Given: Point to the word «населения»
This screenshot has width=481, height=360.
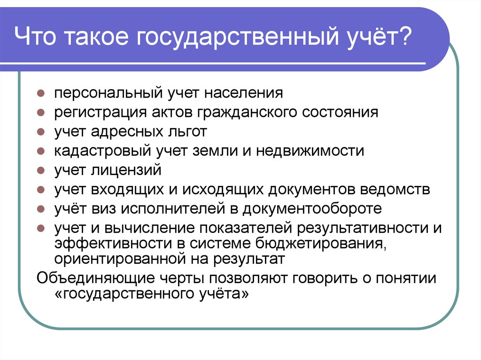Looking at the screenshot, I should coord(243,93).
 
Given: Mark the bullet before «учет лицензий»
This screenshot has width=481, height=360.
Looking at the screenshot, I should coord(41,170).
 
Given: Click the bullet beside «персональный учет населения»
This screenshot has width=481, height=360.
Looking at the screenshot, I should coord(41,93).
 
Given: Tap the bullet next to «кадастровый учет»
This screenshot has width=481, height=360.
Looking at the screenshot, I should coord(41,151).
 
